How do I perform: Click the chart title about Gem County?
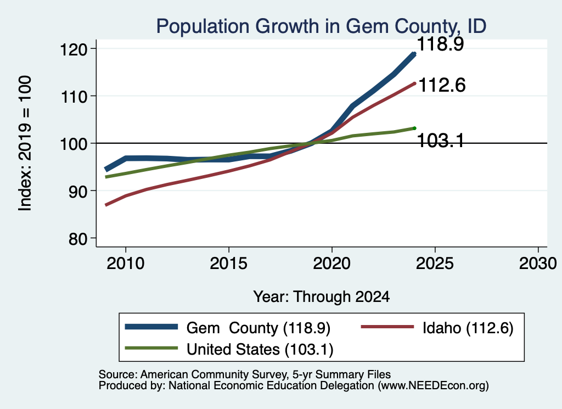tap(321, 26)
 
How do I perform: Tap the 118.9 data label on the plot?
tap(441, 44)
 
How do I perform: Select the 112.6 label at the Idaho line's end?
tap(442, 85)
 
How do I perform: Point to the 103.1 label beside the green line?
tap(441, 141)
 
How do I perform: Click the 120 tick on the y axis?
tap(74, 49)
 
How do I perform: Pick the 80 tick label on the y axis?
tap(78, 239)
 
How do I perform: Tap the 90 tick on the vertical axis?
tap(78, 192)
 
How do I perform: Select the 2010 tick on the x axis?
tap(126, 264)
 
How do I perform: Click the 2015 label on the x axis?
tap(229, 264)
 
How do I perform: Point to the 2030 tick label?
tap(538, 264)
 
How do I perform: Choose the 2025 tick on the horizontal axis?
tap(435, 264)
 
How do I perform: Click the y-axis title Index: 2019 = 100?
tap(25, 143)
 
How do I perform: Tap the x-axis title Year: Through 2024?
tap(322, 297)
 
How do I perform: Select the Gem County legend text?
tap(258, 328)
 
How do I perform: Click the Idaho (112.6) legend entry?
tap(468, 328)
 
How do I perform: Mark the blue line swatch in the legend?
tap(151, 327)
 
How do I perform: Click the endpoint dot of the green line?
tap(414, 128)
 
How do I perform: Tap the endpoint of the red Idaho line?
tap(415, 83)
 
